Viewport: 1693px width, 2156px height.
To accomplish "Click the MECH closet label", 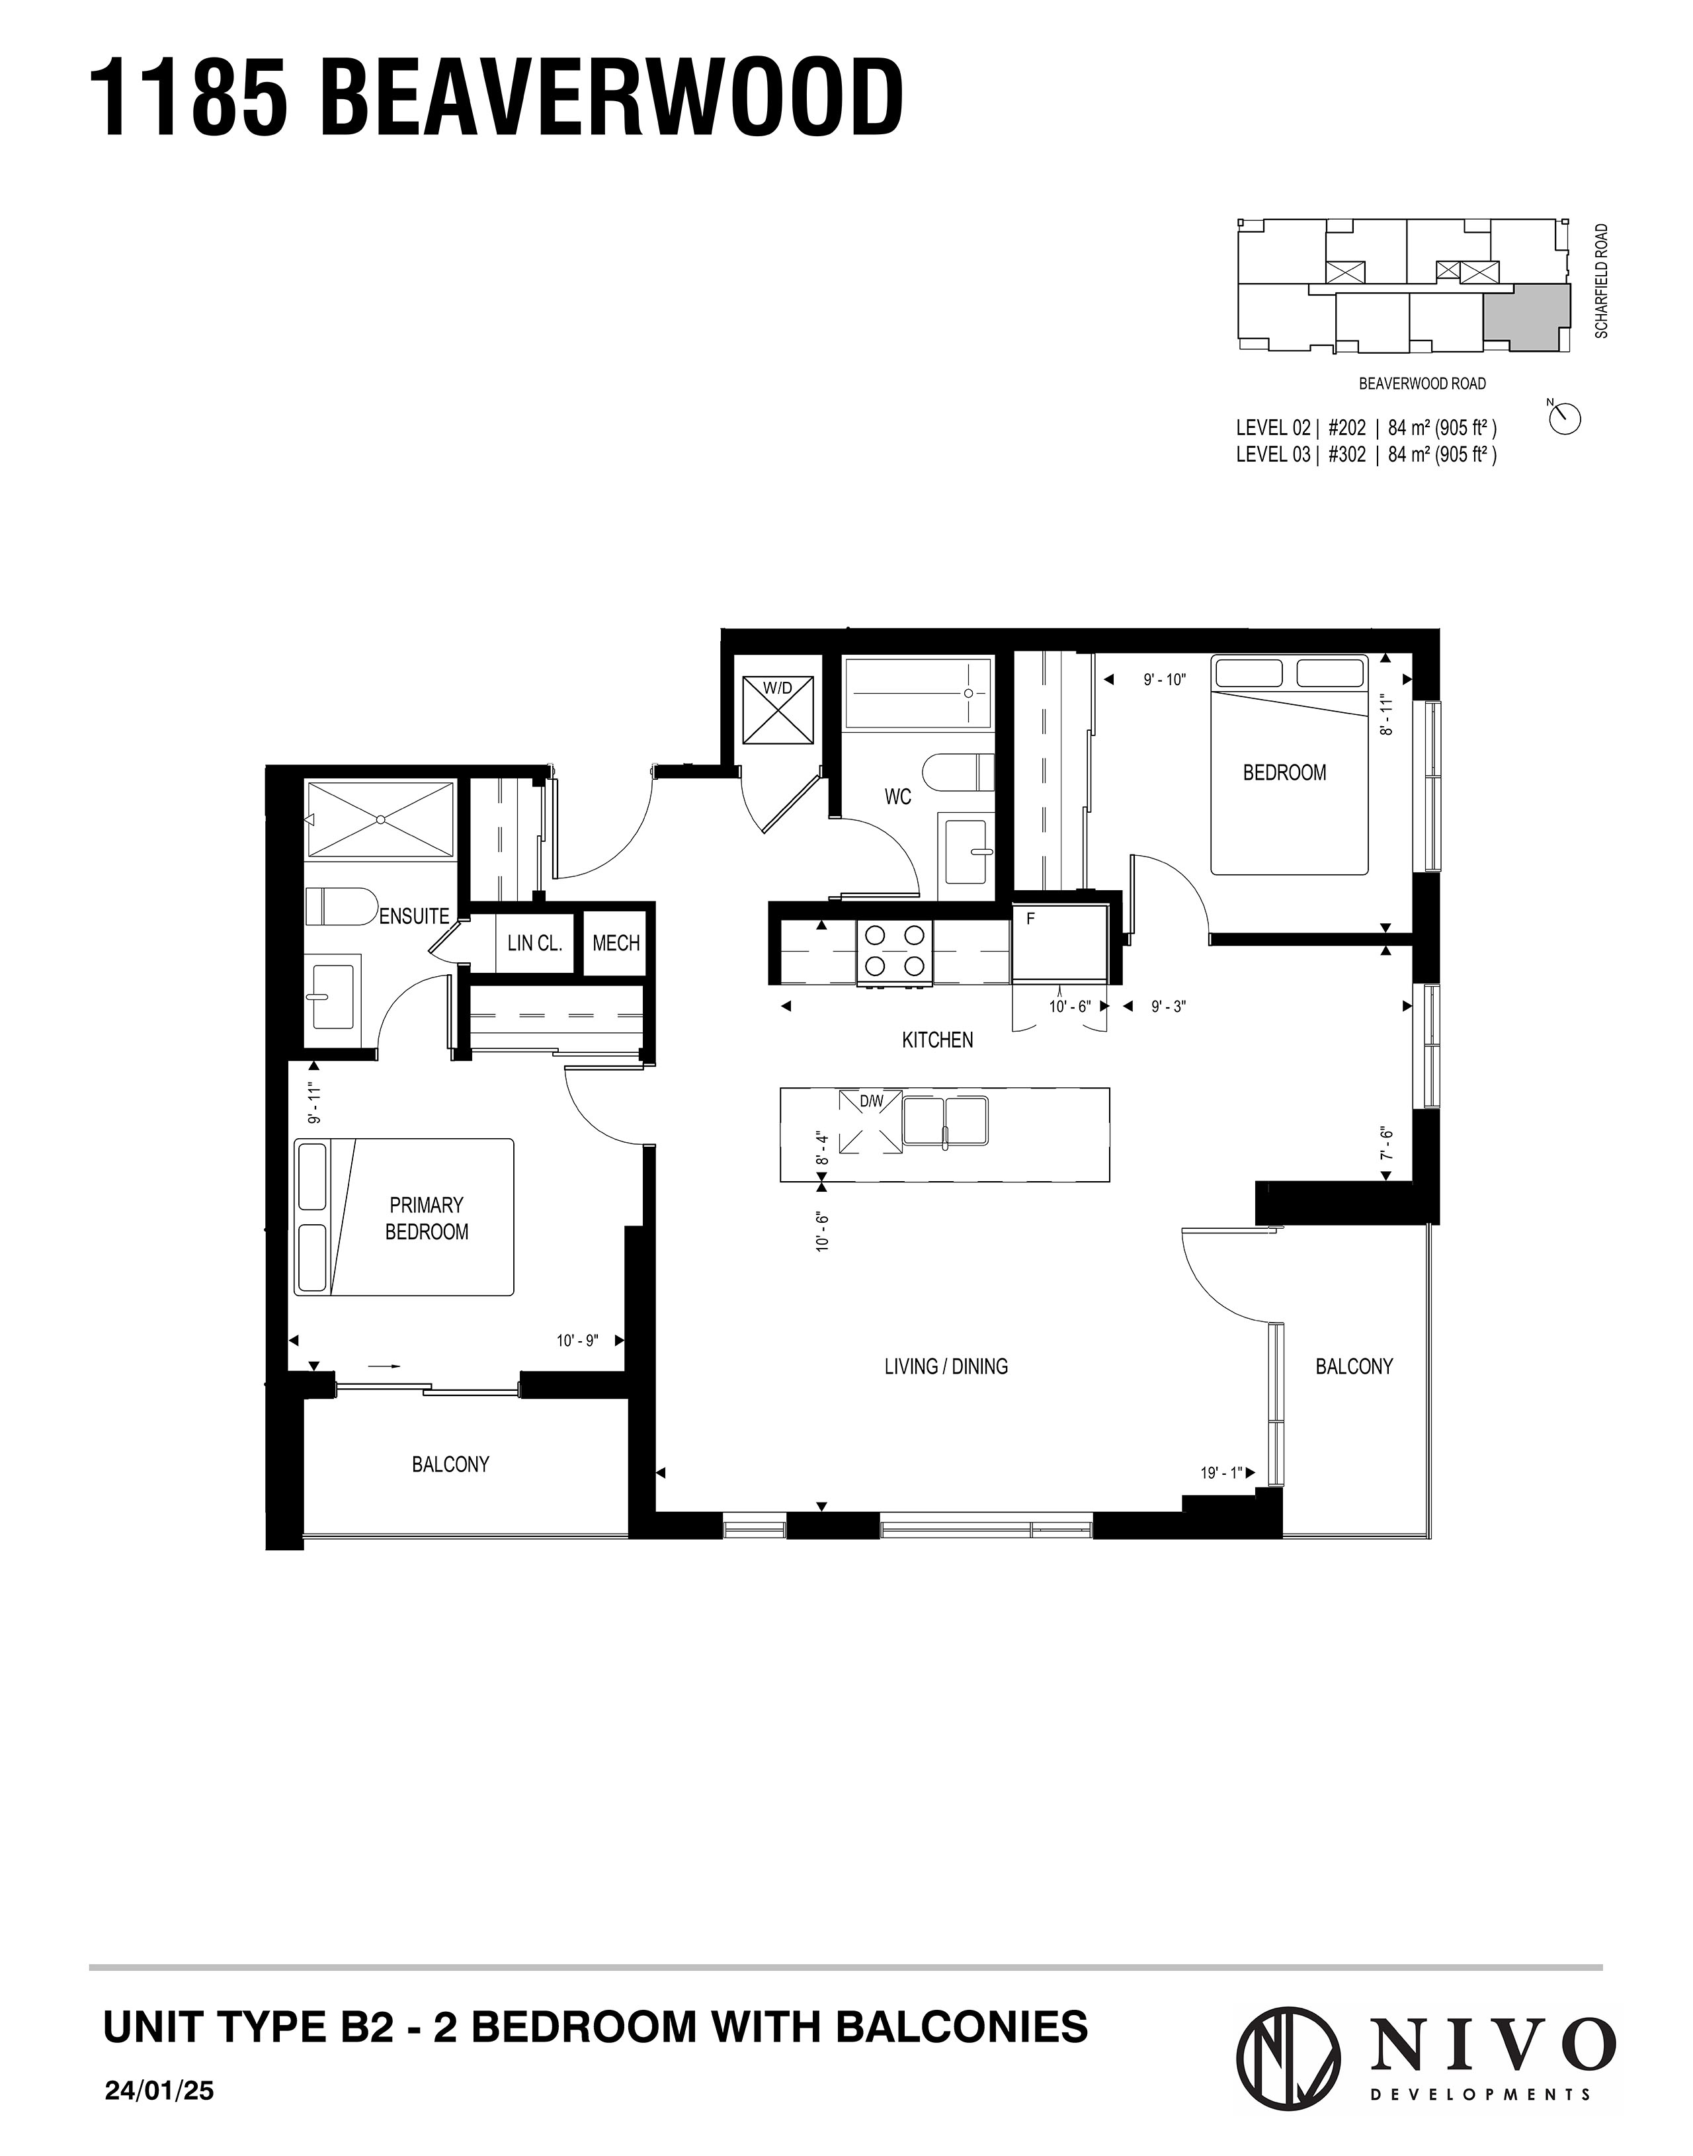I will pyautogui.click(x=616, y=942).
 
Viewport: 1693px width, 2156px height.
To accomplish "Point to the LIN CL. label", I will pyautogui.click(x=534, y=942).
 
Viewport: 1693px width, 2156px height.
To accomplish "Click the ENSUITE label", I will pyautogui.click(x=415, y=916).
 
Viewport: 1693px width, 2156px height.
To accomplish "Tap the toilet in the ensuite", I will pyautogui.click(x=337, y=906).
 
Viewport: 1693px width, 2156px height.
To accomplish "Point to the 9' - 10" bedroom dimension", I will pyautogui.click(x=1164, y=680).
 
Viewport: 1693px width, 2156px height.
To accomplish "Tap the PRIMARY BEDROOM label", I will pyautogui.click(x=426, y=1218).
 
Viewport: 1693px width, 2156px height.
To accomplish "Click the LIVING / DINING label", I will pyautogui.click(x=946, y=1366).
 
